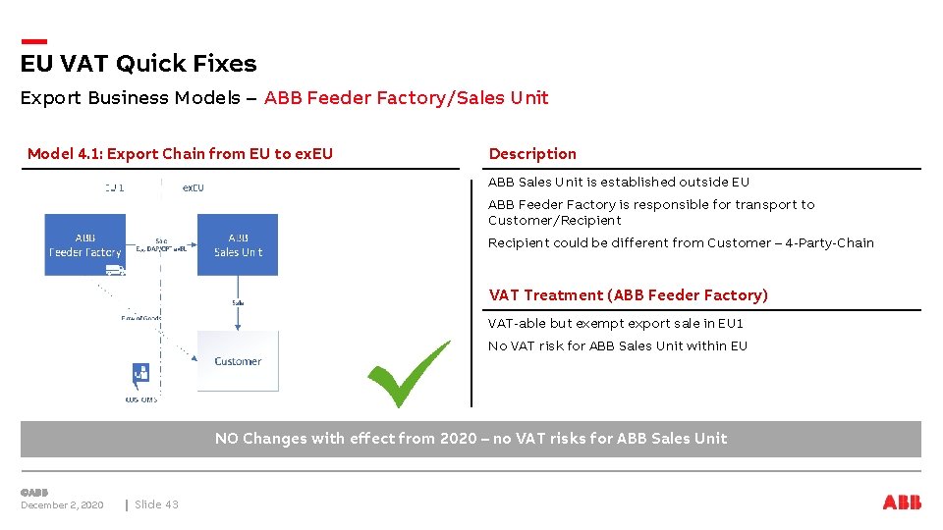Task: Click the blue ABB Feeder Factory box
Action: point(84,244)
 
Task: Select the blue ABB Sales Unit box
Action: point(237,244)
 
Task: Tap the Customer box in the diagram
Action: point(237,360)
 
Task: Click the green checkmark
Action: point(408,374)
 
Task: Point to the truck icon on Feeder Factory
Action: point(115,269)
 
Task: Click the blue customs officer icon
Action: point(141,374)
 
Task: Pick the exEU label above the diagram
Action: point(194,186)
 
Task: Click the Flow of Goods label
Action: point(140,317)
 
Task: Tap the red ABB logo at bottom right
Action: point(902,503)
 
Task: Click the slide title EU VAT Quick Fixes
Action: point(139,64)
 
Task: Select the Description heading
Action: point(532,153)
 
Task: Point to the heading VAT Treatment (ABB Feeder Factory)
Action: point(628,294)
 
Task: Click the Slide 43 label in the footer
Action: point(156,504)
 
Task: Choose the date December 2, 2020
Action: point(62,504)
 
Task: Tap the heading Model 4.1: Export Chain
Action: point(180,153)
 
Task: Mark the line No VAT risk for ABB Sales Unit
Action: point(617,345)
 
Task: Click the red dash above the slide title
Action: point(33,41)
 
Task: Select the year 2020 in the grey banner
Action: point(458,439)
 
